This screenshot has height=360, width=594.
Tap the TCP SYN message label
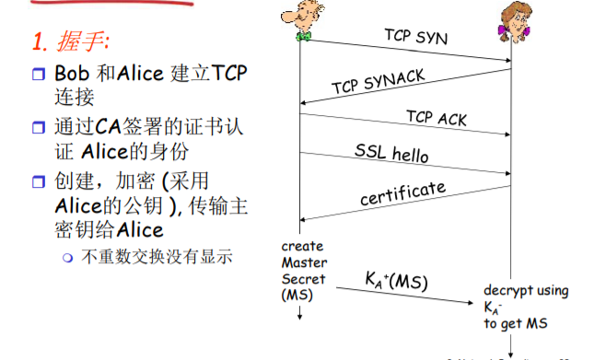(x=415, y=37)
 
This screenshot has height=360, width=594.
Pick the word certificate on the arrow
(x=402, y=192)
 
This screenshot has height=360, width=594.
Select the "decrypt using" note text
(x=526, y=290)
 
